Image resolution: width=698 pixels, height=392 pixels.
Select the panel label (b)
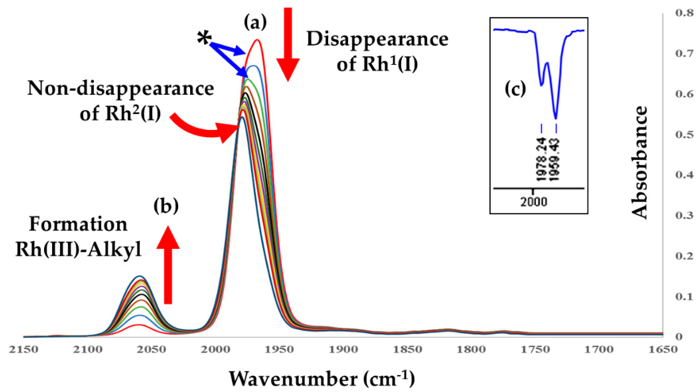(166, 206)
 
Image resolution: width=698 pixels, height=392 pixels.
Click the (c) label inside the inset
(515, 89)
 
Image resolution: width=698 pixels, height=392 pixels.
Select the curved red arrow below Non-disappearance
(206, 130)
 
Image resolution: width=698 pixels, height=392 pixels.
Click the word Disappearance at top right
(378, 40)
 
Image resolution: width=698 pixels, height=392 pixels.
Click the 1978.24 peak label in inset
(542, 160)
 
